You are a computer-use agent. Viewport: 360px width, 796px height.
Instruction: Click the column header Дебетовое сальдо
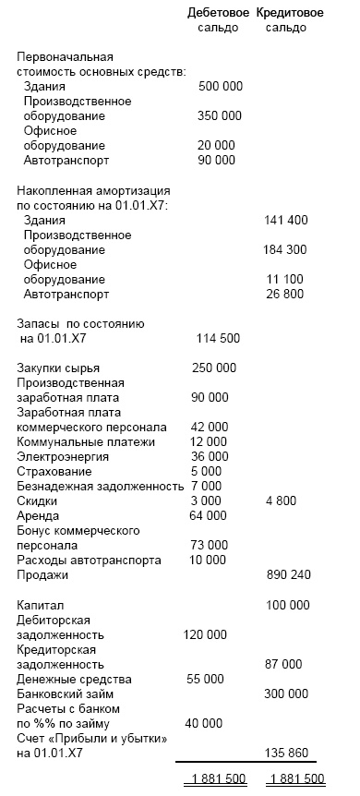pyautogui.click(x=218, y=20)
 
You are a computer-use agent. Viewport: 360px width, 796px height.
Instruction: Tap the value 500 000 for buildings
pyautogui.click(x=221, y=86)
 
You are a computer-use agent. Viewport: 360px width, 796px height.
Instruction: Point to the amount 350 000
pyautogui.click(x=220, y=116)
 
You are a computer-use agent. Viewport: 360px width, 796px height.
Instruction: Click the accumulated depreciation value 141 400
pyautogui.click(x=286, y=221)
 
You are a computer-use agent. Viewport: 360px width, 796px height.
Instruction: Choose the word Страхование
pyautogui.click(x=54, y=471)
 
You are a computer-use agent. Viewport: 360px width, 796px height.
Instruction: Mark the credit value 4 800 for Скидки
pyautogui.click(x=289, y=501)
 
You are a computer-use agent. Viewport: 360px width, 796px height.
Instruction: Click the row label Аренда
pyautogui.click(x=39, y=515)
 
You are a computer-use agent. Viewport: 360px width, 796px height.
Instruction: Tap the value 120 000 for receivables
pyautogui.click(x=204, y=635)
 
